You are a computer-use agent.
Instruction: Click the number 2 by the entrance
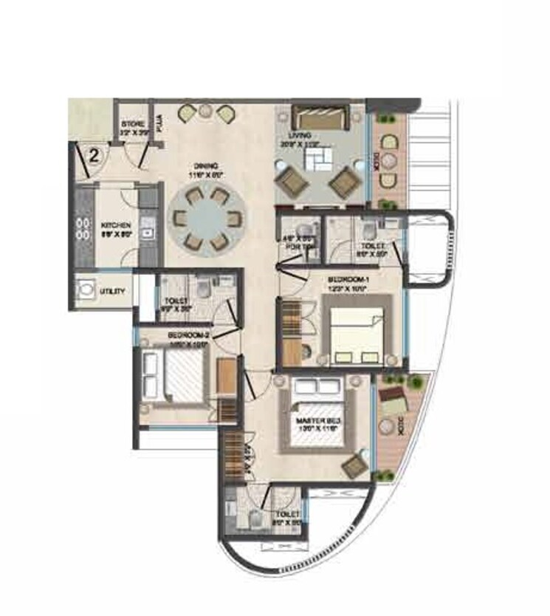94,155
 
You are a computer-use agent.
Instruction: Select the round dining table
207,219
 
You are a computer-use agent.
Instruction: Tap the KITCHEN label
117,225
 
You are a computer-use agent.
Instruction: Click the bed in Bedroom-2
171,376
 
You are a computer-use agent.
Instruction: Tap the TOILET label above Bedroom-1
371,247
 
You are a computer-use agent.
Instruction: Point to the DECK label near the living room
377,162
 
